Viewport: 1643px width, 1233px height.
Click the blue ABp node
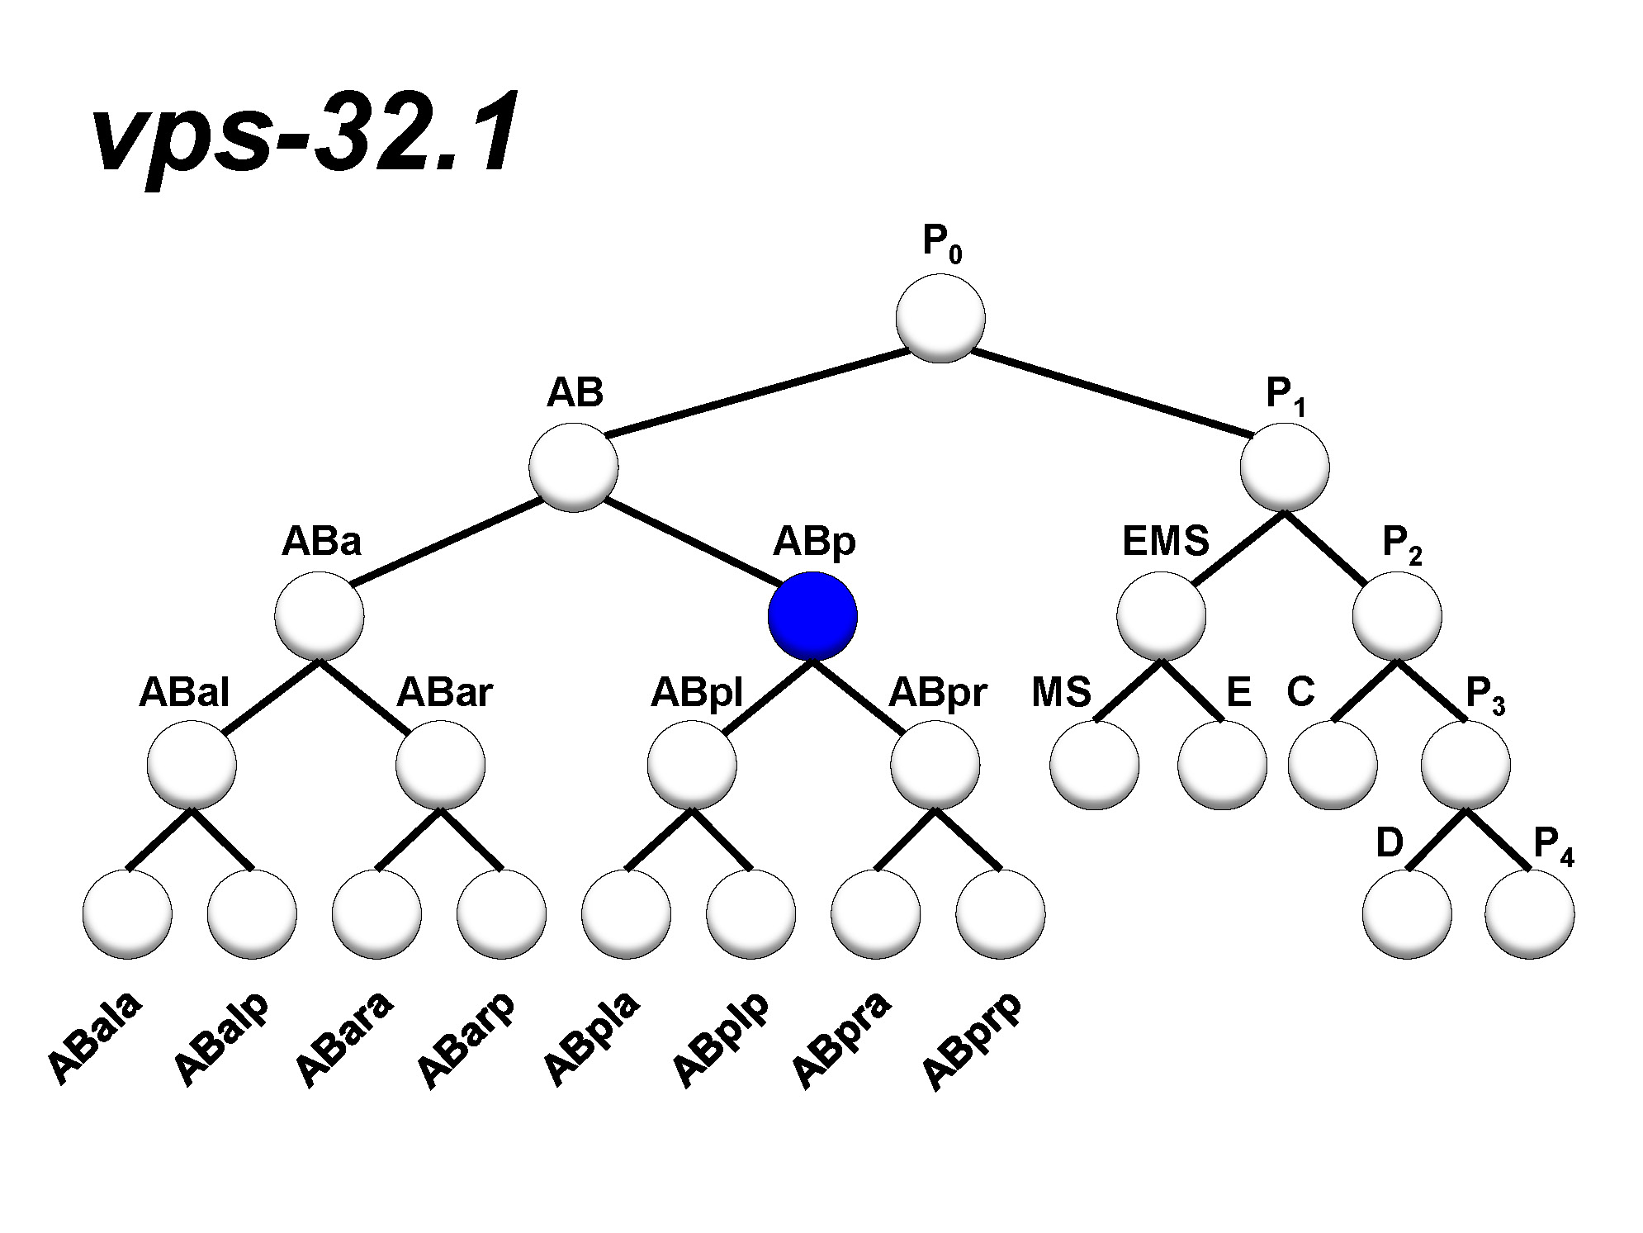pos(812,616)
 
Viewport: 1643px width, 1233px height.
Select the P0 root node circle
pos(940,318)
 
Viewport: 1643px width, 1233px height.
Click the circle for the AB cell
pos(574,467)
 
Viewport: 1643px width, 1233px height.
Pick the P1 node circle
pos(1285,467)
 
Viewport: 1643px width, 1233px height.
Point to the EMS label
pos(1165,542)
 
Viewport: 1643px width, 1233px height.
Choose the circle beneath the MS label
pos(1094,766)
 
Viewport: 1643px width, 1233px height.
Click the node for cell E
pos(1222,766)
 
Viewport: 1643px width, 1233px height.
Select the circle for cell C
pos(1333,766)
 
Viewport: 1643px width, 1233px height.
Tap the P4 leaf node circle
pos(1529,914)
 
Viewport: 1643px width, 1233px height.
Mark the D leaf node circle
pos(1407,914)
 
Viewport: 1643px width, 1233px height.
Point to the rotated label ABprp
pos(972,1041)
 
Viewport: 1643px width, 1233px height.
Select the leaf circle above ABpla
pos(626,914)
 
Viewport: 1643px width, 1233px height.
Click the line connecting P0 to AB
pos(755,392)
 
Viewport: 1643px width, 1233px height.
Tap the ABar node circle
pos(440,766)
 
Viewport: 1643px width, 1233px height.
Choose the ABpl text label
pos(697,693)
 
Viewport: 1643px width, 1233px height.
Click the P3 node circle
pos(1465,766)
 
